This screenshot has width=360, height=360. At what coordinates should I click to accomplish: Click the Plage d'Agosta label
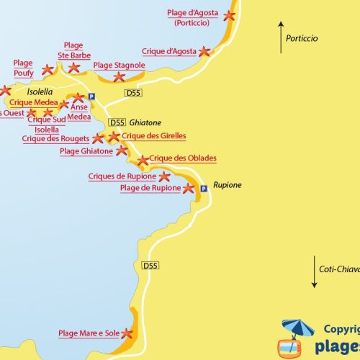[192, 17]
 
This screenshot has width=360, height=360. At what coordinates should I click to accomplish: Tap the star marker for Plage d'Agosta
[229, 15]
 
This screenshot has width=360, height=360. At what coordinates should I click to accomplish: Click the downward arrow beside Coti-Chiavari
[314, 272]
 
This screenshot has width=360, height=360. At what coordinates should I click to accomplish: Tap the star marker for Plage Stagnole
[120, 76]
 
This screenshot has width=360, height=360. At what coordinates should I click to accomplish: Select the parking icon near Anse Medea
[91, 97]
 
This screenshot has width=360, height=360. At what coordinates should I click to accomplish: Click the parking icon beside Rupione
[204, 188]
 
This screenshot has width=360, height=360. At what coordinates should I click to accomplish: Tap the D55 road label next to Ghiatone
[117, 122]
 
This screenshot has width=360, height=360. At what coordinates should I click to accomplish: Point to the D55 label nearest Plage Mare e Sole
[150, 266]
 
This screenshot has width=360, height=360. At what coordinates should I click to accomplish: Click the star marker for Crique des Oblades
[143, 161]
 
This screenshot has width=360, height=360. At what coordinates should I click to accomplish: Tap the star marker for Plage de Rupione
[189, 189]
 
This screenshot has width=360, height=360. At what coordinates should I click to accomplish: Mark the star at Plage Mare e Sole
[127, 333]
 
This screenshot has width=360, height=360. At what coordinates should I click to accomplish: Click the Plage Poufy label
[23, 68]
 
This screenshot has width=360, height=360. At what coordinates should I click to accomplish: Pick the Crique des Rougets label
[55, 138]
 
